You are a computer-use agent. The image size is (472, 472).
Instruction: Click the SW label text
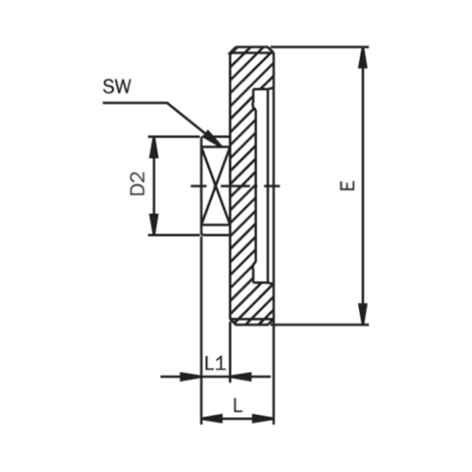pyautogui.click(x=117, y=88)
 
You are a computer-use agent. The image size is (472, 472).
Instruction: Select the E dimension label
pyautogui.click(x=348, y=185)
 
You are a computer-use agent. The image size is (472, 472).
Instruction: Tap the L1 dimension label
pyautogui.click(x=216, y=363)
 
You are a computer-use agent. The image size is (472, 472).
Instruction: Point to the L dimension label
pyautogui.click(x=238, y=405)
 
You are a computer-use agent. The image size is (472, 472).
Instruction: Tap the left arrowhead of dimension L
pyautogui.click(x=211, y=418)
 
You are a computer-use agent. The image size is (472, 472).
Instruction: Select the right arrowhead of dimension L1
pyautogui.click(x=239, y=376)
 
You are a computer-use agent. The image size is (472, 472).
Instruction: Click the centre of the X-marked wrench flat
pyautogui.click(x=215, y=185)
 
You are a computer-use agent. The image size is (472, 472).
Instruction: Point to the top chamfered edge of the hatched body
pyautogui.click(x=252, y=50)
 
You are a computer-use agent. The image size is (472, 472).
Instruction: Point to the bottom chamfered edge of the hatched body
pyautogui.click(x=252, y=322)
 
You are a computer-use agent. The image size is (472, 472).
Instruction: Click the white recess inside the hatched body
pyautogui.click(x=263, y=185)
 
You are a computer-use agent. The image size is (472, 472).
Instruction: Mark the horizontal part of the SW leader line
pyautogui.click(x=135, y=102)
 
